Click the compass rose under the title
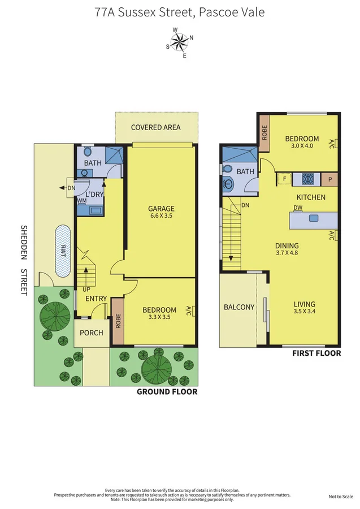pos(180,43)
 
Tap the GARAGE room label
pos(161,208)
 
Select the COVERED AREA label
pos(155,127)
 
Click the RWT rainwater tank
pos(63,251)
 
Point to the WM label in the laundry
pos(82,201)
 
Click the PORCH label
pos(92,333)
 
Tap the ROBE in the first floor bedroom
pos(264,132)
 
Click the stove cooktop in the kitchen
pos(307,179)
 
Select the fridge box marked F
pos(285,179)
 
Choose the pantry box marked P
pos(330,179)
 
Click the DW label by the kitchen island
pos(298,208)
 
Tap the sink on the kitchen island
pos(313,218)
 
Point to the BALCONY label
pos(239,307)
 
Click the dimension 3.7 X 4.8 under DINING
pos(287,253)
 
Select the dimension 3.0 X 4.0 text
pos(302,146)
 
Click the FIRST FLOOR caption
pos(316,353)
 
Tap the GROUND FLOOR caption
pos(167,391)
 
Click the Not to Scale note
pos(341,497)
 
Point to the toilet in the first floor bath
pos(227,169)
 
